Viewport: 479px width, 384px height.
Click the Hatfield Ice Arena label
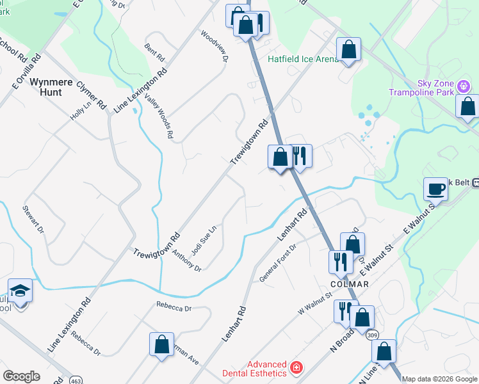302,60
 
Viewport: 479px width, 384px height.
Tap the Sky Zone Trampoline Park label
426,88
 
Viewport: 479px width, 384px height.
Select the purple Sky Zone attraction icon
463,85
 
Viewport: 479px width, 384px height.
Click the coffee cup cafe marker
436,189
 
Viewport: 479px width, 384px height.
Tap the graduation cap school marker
20,291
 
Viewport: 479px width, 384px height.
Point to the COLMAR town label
349,284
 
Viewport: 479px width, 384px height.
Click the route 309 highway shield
373,335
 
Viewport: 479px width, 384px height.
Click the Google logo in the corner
21,376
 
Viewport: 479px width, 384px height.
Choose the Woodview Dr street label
215,45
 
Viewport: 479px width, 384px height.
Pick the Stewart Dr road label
33,219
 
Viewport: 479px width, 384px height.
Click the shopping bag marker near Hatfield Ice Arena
348,49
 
